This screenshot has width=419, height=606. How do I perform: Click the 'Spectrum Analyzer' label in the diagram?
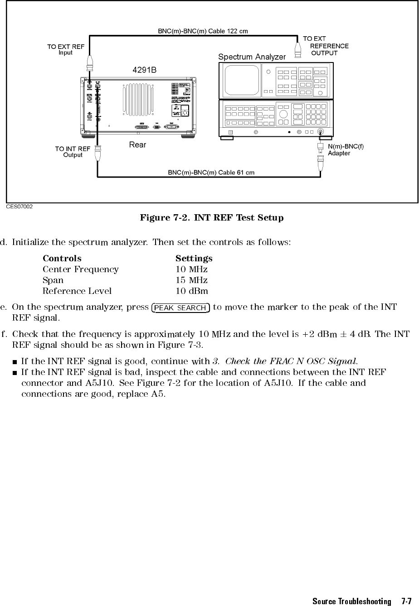(252, 57)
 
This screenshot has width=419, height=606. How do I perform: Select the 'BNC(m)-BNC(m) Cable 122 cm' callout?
(203, 31)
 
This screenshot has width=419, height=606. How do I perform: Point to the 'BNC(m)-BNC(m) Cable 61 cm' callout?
(211, 173)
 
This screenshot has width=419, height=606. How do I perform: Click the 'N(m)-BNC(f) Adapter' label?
(346, 149)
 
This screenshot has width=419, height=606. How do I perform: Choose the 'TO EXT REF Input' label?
(66, 49)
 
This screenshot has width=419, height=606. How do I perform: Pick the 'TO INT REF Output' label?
(73, 151)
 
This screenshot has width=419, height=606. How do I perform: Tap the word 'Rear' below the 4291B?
(137, 145)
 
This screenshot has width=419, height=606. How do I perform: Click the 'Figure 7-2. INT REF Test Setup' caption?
(212, 218)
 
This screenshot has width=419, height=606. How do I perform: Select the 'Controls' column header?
(62, 258)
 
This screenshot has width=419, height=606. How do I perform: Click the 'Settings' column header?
(194, 258)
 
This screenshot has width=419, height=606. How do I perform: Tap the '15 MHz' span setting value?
(192, 280)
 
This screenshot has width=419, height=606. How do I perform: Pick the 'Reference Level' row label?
(77, 291)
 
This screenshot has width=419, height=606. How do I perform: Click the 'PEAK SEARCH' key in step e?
(180, 308)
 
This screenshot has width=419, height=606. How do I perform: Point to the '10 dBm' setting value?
(192, 291)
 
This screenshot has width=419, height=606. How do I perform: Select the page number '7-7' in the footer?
(406, 601)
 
